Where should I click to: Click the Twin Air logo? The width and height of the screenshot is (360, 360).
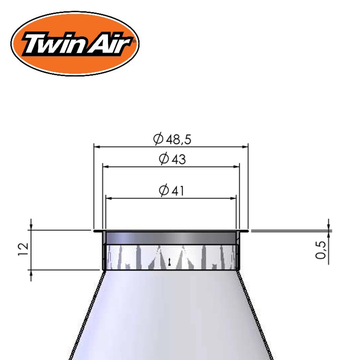pos(75,43)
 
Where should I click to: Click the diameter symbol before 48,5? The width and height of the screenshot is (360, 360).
pos(158,139)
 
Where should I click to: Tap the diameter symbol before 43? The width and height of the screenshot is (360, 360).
pos(164,159)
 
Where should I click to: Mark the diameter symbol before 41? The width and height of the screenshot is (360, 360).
pos(164,191)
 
